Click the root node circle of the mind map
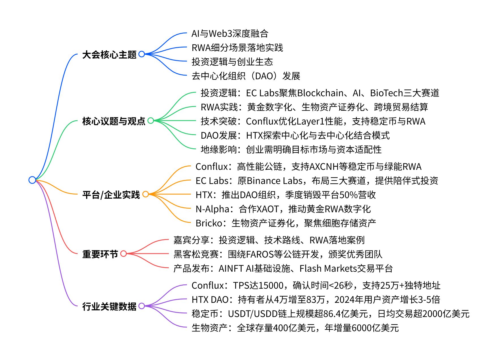coord(32,180)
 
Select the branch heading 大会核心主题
coord(109,54)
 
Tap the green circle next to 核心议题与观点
coord(151,121)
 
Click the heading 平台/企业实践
coord(111,195)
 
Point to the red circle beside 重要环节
coord(124,254)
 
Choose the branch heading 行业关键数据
coord(109,306)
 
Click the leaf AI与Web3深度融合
coord(230,34)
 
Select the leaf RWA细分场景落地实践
coord(237,48)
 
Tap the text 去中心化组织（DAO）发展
coord(246,76)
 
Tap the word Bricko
coord(209,223)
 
